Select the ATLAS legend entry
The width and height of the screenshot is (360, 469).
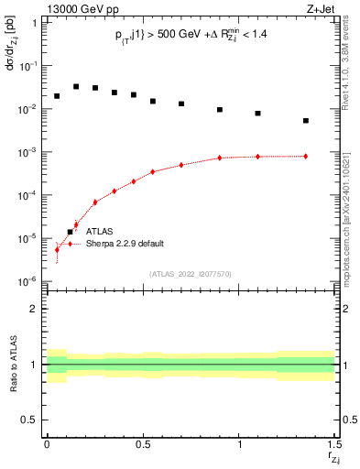click(x=101, y=232)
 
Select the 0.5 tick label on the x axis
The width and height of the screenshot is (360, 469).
click(x=142, y=444)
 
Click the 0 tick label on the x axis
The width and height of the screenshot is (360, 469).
click(x=47, y=444)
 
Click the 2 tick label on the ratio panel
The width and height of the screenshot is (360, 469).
click(x=34, y=309)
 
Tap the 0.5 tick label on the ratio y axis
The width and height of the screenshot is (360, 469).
click(x=30, y=420)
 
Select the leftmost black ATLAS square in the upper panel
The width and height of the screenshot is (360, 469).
click(x=57, y=96)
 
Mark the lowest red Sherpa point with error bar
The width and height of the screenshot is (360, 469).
click(x=57, y=249)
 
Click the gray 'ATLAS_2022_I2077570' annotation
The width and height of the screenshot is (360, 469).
click(x=190, y=273)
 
